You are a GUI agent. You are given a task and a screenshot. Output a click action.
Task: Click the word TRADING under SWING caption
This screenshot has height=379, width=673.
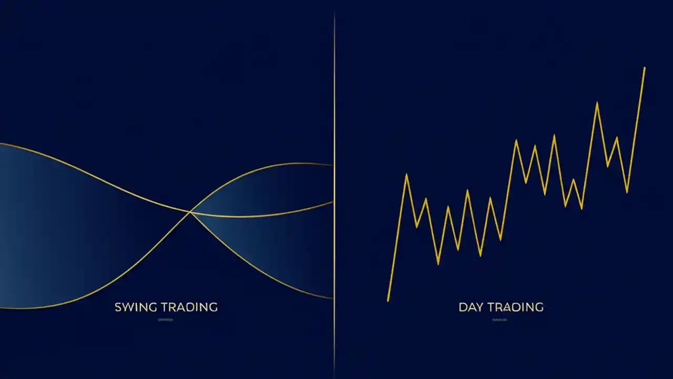pyautogui.click(x=189, y=307)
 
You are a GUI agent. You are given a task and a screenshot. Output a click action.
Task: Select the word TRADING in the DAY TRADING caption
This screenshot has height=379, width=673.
pyautogui.click(x=515, y=307)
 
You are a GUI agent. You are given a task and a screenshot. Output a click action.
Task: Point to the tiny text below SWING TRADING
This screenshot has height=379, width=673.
pyautogui.click(x=165, y=320)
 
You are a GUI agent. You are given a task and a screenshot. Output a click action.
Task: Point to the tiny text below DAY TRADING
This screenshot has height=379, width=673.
pyautogui.click(x=500, y=320)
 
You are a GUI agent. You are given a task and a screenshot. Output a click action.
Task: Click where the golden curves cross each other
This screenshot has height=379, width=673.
pyautogui.click(x=190, y=212)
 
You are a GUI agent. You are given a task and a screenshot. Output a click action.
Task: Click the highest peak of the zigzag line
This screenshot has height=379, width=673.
pyautogui.click(x=644, y=68)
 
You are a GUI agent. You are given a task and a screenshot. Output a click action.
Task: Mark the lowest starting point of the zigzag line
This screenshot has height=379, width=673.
pyautogui.click(x=388, y=301)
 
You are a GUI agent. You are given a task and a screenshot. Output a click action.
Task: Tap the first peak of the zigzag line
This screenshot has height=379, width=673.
pyautogui.click(x=406, y=174)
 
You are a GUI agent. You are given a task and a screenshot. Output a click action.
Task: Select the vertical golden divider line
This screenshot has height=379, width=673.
pyautogui.click(x=334, y=158)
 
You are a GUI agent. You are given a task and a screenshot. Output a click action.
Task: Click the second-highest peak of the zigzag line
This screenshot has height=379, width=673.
pyautogui.click(x=597, y=103)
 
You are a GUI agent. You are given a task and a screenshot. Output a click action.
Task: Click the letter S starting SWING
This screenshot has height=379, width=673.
pyautogui.click(x=118, y=307)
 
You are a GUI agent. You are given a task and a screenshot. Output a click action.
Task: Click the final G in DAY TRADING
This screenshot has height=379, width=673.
pyautogui.click(x=538, y=307)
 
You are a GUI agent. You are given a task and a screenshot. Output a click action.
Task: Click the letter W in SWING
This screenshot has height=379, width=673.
pyautogui.click(x=127, y=307)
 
